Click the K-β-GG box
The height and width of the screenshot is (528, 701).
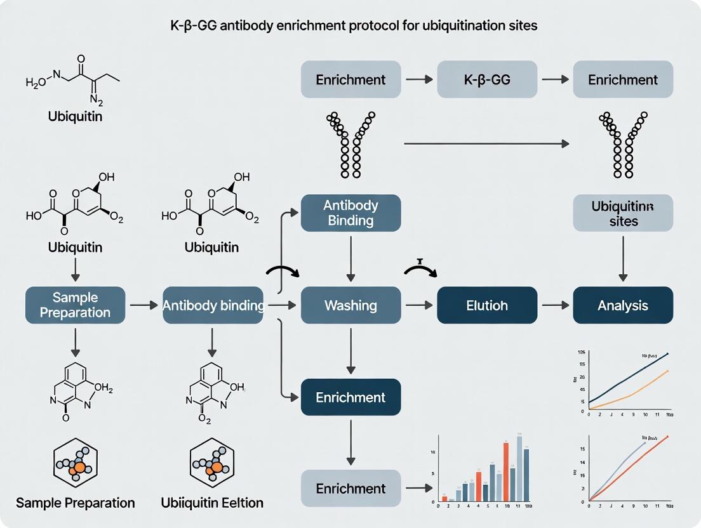[x=486, y=79]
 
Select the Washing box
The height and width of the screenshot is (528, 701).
[x=350, y=305]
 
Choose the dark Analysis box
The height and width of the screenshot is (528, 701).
[x=622, y=305]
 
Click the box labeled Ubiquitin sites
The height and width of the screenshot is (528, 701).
[x=622, y=213]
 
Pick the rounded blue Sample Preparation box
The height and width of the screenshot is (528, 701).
[x=76, y=305]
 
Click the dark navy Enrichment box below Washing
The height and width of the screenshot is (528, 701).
[x=350, y=397]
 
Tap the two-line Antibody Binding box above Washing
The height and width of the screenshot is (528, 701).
[x=350, y=213]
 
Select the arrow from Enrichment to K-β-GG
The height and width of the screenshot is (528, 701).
[x=418, y=79]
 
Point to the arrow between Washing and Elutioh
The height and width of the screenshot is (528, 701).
[x=418, y=305]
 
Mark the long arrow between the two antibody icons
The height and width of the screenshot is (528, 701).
[x=486, y=144]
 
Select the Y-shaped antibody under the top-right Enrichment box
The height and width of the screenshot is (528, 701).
[x=622, y=144]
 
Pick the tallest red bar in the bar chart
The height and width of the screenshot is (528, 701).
[x=505, y=472]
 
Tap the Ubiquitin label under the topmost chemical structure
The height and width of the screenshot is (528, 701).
[x=76, y=117]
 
